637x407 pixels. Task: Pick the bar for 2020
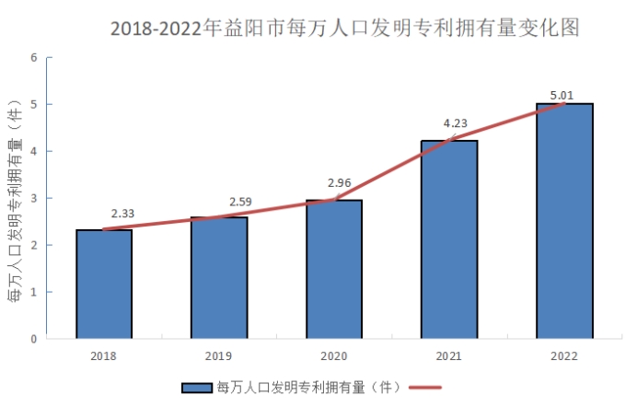333,269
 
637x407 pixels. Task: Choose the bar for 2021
448,239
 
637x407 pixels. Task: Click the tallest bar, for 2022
564,221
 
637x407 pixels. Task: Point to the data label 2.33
122,214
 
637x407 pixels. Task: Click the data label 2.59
241,201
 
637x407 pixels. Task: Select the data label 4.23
455,123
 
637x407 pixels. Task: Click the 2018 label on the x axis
103,355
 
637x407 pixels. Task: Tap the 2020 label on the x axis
333,355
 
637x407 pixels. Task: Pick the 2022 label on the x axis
564,355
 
